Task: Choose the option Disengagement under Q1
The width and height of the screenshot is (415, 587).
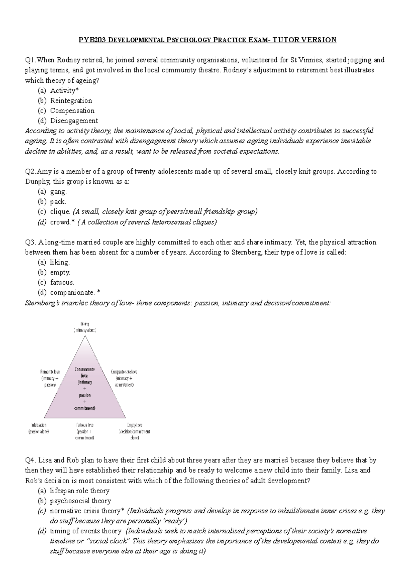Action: point(74,121)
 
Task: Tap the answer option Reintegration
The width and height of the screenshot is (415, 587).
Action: point(71,101)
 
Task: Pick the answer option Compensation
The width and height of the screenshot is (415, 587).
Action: point(72,111)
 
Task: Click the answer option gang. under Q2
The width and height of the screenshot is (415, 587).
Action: point(58,192)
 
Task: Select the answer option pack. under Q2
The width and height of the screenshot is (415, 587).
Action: point(58,202)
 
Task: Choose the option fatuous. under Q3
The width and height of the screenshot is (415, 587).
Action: point(62,282)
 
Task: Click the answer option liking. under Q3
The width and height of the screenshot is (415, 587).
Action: point(60,262)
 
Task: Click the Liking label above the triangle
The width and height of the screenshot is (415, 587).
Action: point(85,324)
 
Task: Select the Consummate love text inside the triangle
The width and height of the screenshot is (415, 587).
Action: point(85,372)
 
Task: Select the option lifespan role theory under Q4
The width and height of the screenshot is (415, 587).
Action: point(80,491)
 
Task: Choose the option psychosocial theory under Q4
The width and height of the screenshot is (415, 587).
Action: point(80,501)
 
